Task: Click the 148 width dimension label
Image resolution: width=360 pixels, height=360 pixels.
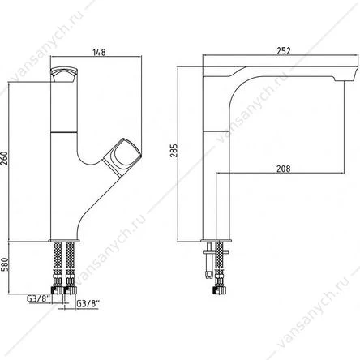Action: [99, 52]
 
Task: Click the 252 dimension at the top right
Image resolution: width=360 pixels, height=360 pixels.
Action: [284, 51]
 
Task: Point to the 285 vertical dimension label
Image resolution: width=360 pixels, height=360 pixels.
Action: [174, 151]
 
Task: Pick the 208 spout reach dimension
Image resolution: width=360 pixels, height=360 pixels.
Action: [284, 169]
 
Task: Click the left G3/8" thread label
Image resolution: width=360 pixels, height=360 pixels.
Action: [38, 299]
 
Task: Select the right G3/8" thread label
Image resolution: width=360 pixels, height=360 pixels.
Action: [88, 303]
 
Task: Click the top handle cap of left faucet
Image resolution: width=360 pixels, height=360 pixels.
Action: [64, 75]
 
